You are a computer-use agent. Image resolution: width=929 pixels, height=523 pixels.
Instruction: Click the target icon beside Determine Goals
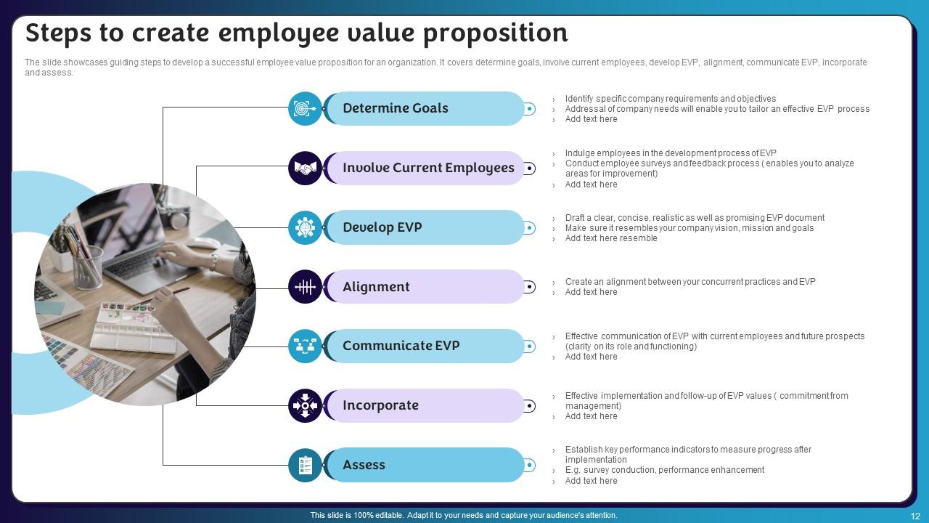click(305, 109)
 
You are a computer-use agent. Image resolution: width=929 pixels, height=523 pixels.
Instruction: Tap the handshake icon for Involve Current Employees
click(305, 169)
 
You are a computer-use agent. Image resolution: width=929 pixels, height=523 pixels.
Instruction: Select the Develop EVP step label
click(382, 227)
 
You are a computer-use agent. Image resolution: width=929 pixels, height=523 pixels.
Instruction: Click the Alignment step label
click(376, 287)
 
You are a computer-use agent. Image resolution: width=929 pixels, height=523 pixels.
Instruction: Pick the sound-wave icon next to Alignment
click(305, 287)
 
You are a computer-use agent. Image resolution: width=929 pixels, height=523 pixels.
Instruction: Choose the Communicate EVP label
click(401, 346)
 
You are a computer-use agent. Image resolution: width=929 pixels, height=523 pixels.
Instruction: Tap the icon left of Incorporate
click(305, 405)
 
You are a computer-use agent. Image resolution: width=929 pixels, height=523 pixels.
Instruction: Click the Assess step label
click(364, 465)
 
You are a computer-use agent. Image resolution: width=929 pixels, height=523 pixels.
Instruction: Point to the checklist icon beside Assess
click(305, 465)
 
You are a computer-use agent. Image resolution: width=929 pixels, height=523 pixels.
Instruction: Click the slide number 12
click(914, 516)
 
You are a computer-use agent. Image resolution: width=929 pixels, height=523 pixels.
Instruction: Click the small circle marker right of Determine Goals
click(530, 109)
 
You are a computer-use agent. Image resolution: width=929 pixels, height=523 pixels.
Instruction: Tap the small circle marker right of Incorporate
click(530, 406)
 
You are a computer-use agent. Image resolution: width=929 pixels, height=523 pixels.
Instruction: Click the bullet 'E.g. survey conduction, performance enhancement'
click(664, 470)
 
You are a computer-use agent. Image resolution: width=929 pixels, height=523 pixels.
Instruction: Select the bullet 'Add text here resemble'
click(610, 238)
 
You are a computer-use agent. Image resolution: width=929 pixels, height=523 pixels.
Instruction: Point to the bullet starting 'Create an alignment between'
click(689, 282)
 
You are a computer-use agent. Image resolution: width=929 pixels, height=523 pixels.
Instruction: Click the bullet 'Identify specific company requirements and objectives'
click(670, 99)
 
